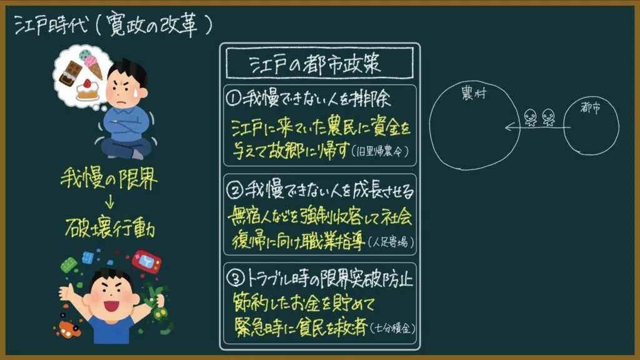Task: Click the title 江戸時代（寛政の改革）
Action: click(x=114, y=25)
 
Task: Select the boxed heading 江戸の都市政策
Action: click(x=315, y=64)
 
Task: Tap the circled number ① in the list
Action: click(x=234, y=98)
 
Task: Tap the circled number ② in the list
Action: click(x=235, y=190)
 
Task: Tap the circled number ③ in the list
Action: click(x=235, y=279)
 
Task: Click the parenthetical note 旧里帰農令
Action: click(x=380, y=151)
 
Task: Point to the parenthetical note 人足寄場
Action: click(x=391, y=242)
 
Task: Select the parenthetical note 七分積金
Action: click(x=392, y=327)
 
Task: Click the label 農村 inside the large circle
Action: click(x=474, y=93)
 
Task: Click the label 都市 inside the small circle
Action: click(x=590, y=107)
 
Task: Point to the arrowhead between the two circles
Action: click(x=509, y=127)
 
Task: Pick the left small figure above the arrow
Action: click(x=530, y=117)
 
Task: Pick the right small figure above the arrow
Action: click(x=548, y=117)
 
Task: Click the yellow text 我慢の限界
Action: click(x=109, y=178)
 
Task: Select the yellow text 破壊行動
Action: click(x=110, y=227)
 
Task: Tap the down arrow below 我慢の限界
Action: click(x=109, y=202)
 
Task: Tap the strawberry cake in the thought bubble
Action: click(x=87, y=90)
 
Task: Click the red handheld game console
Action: click(x=146, y=261)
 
